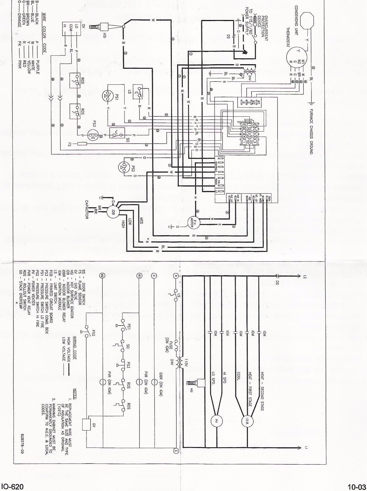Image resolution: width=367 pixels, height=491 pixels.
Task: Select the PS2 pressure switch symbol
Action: point(124,167)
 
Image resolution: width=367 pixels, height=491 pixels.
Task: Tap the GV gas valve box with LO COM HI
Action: point(70,29)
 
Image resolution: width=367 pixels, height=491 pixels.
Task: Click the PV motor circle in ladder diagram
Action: point(216,421)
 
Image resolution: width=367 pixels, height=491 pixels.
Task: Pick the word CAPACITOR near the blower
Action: point(86,209)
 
